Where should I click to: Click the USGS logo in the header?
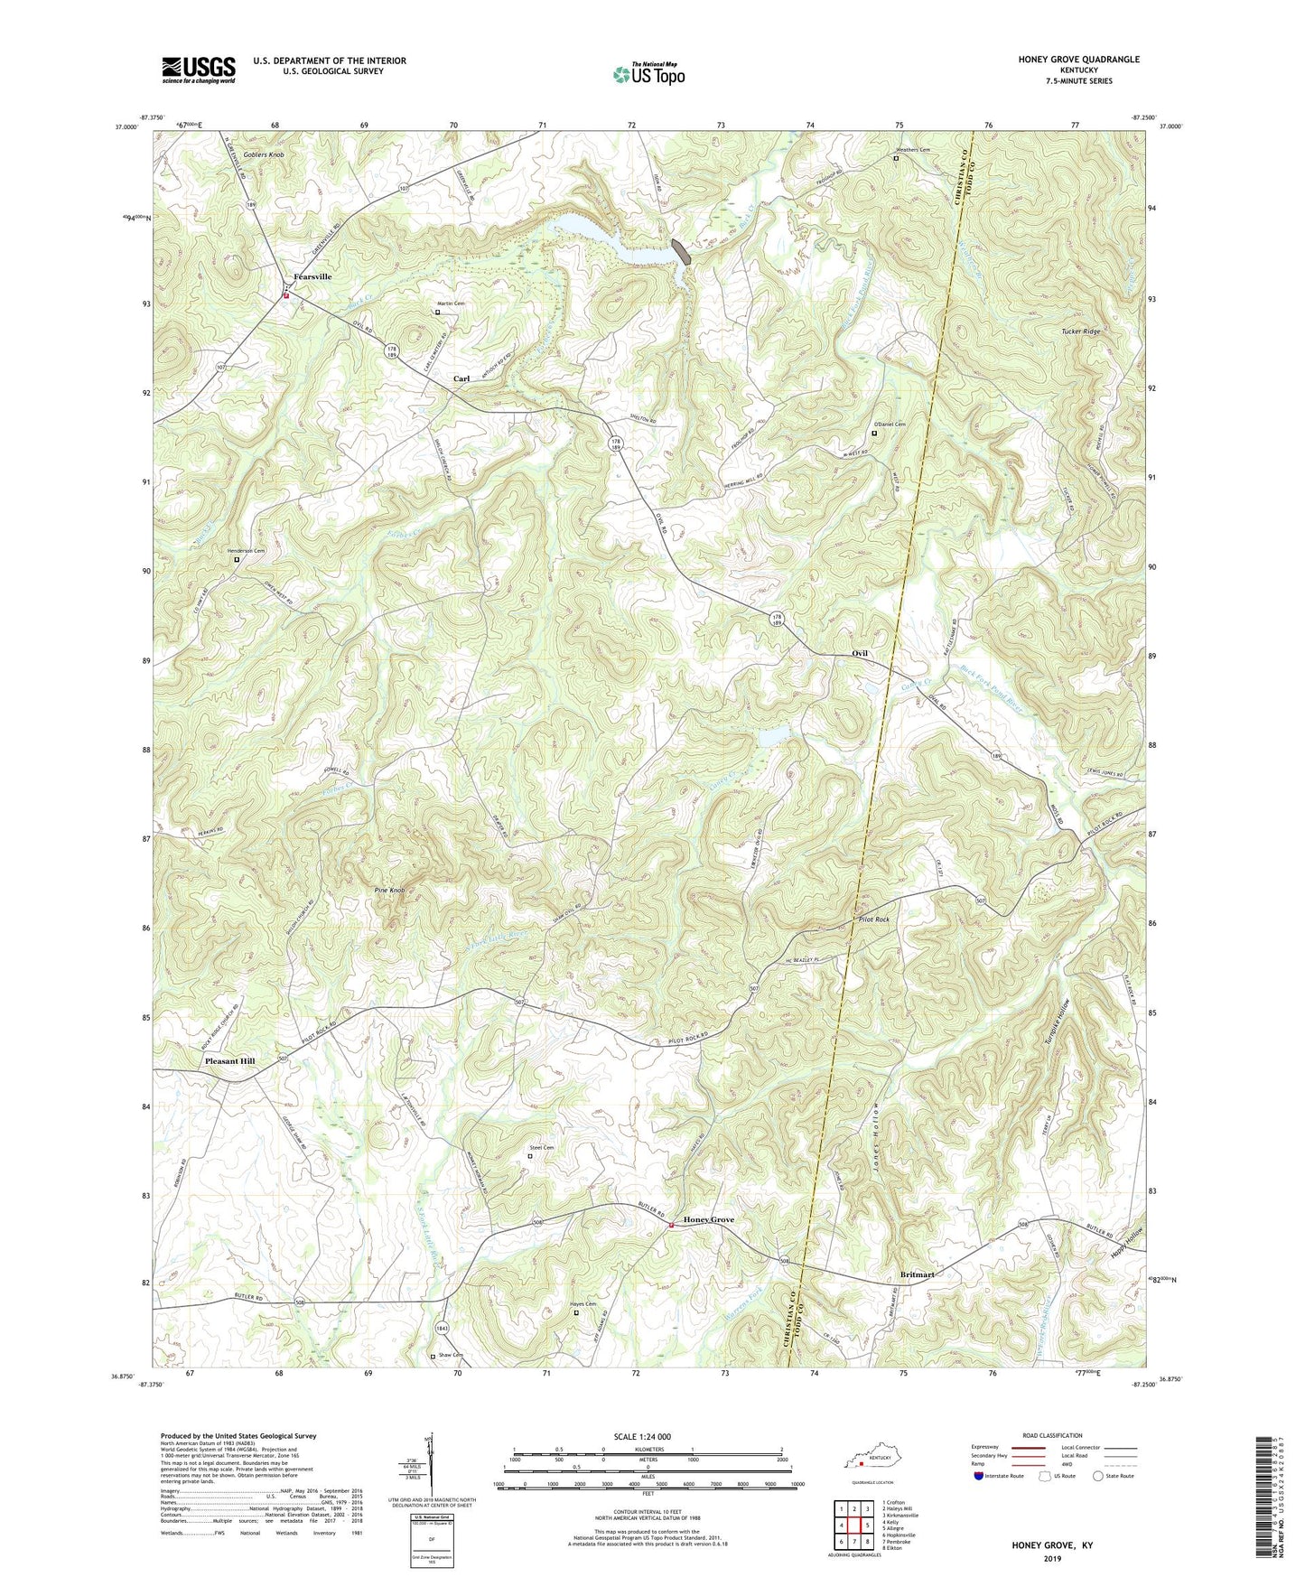199,70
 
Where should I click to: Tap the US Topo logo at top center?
648,74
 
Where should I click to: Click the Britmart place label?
918,1274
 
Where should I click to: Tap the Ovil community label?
860,653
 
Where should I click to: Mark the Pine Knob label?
389,891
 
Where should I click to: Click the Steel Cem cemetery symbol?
530,1156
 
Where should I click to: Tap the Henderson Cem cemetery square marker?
238,559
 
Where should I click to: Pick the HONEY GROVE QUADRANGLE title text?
1066,60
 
